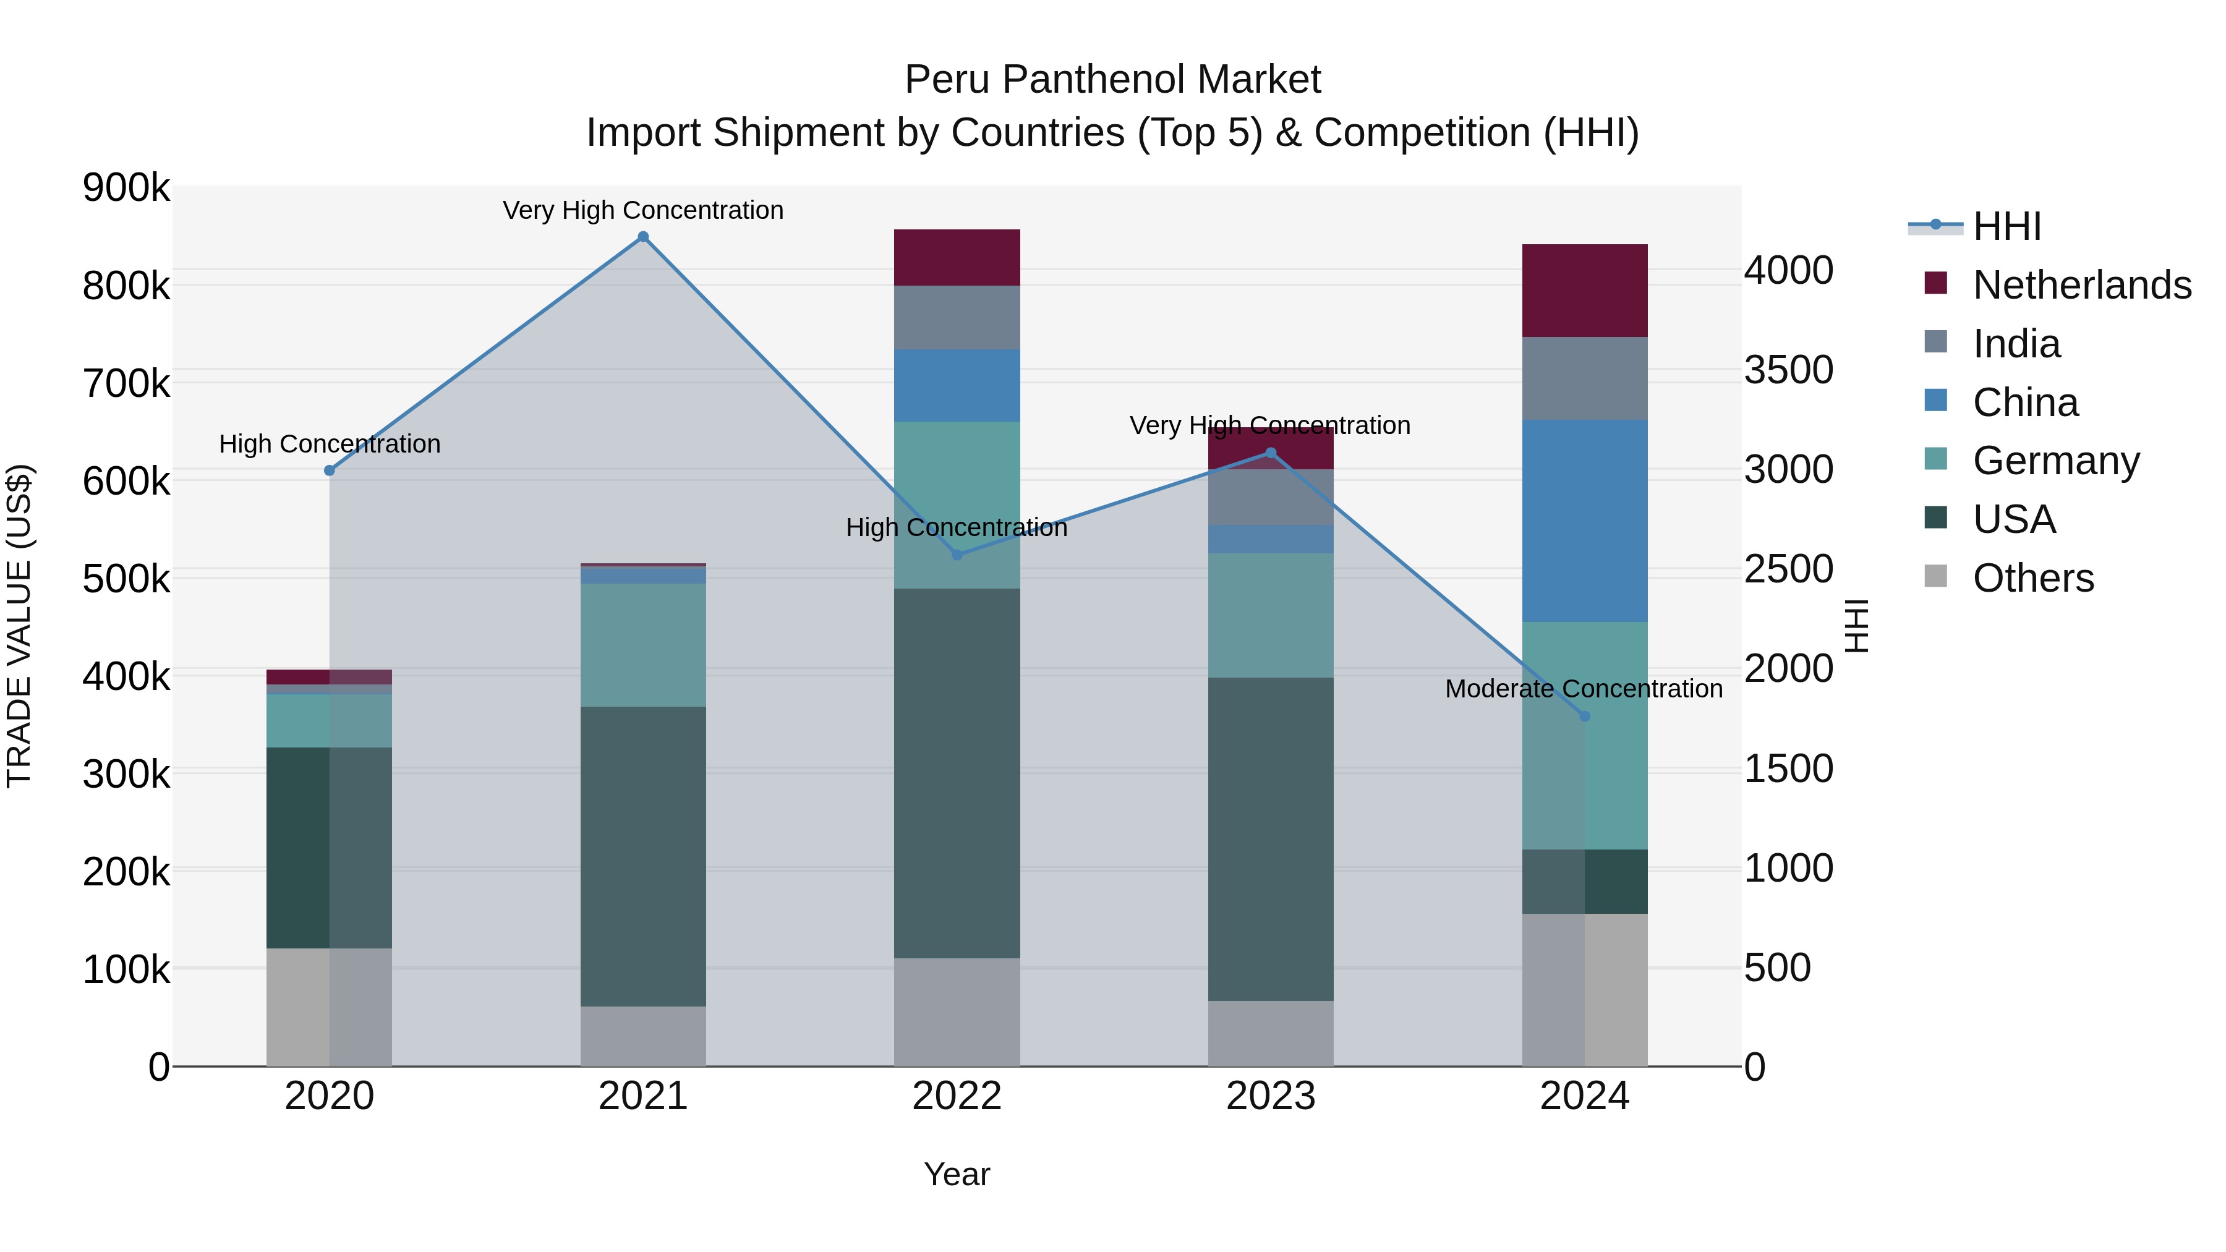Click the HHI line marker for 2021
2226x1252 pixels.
(x=643, y=237)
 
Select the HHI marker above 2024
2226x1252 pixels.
(x=1585, y=717)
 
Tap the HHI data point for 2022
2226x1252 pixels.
(x=957, y=555)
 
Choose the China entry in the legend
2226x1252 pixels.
(x=2024, y=402)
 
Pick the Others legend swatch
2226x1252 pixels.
(x=1935, y=576)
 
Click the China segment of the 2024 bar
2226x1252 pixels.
(x=1585, y=521)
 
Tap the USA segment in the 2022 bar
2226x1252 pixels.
(x=957, y=773)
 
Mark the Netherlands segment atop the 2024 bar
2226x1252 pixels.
(x=1585, y=291)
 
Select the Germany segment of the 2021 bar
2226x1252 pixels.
(x=643, y=645)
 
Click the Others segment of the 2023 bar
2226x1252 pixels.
(x=1270, y=1033)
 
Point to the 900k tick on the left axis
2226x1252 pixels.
(x=126, y=187)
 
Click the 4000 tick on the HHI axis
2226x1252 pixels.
(x=1788, y=270)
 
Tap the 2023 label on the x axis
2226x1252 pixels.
(x=1270, y=1096)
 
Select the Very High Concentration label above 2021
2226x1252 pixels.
(x=643, y=210)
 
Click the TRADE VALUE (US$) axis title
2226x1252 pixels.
(x=19, y=626)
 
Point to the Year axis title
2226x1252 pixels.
(x=957, y=1174)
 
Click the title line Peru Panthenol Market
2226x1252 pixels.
(x=1112, y=80)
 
